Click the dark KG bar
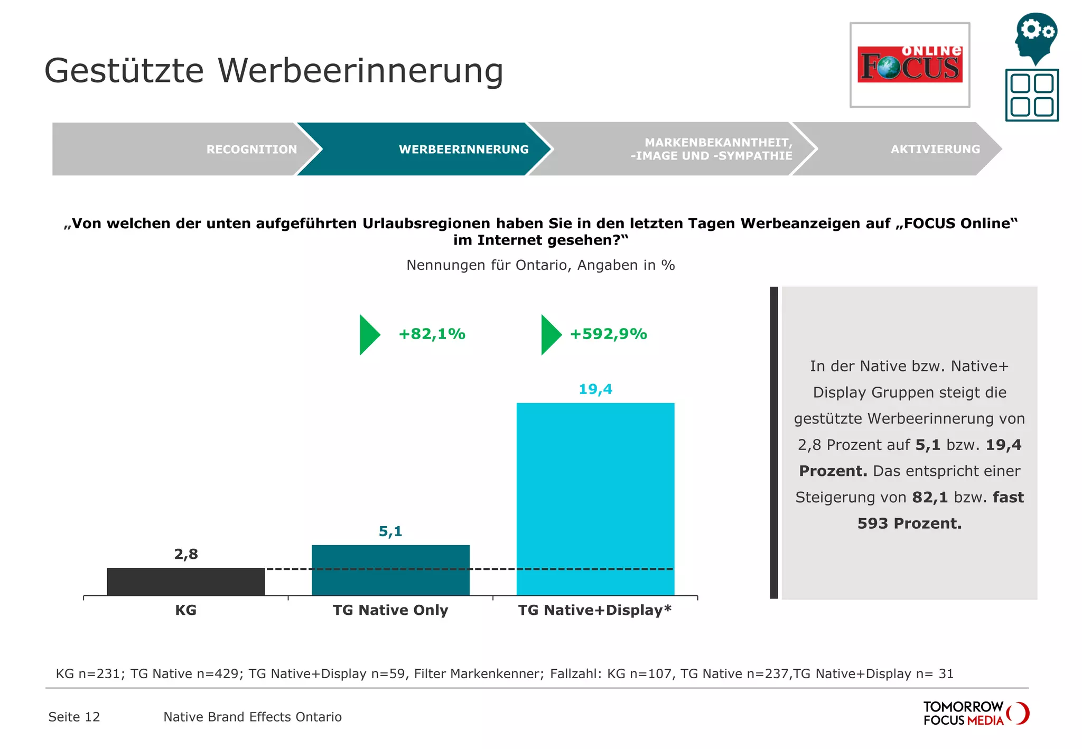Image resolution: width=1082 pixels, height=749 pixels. [185, 582]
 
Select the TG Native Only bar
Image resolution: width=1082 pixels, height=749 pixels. [390, 570]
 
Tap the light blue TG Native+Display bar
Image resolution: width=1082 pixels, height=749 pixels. [595, 499]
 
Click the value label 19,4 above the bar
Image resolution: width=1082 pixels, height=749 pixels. [595, 389]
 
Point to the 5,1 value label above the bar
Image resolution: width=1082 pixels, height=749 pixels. [390, 531]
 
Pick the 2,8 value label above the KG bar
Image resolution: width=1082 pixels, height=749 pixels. [186, 554]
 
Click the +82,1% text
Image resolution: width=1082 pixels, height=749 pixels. [432, 334]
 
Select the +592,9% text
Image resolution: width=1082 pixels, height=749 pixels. [608, 334]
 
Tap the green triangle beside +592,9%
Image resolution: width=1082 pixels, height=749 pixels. [550, 335]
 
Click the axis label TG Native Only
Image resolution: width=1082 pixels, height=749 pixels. [390, 610]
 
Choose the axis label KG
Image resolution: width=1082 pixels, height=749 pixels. [185, 610]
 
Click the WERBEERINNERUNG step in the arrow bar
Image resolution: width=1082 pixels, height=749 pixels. [463, 149]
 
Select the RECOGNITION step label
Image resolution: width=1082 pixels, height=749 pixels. [251, 149]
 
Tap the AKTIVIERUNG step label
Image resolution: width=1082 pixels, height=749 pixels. [935, 149]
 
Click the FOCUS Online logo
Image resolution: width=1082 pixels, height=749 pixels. [910, 65]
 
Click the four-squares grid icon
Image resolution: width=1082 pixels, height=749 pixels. [1032, 95]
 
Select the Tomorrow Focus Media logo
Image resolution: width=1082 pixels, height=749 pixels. [975, 714]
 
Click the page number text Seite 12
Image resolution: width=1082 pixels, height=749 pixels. [74, 717]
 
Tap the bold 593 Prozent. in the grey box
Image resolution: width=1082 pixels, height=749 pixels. [909, 523]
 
